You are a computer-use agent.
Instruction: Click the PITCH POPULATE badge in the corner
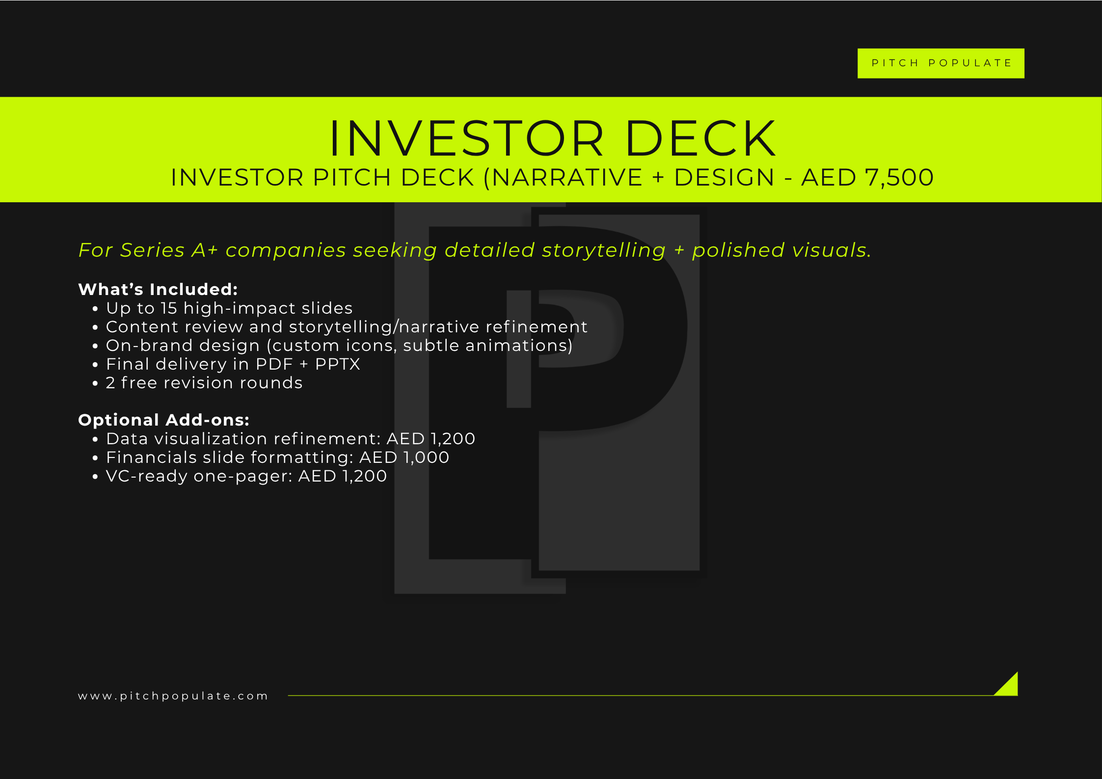(941, 63)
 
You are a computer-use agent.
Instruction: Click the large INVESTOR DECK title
(552, 138)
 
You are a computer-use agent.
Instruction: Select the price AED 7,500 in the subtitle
(867, 177)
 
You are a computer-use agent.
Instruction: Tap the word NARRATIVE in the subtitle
(567, 177)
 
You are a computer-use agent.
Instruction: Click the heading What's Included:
(158, 289)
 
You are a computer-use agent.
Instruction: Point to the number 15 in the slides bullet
(169, 308)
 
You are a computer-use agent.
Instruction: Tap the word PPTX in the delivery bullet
(338, 364)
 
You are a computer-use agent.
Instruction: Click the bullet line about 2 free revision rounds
(204, 383)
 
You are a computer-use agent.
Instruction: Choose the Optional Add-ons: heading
(163, 420)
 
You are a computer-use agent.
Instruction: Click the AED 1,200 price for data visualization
(431, 439)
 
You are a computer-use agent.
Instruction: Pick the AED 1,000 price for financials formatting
(404, 457)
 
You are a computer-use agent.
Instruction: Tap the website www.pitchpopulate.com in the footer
(173, 696)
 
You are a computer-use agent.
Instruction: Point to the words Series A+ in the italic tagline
(169, 250)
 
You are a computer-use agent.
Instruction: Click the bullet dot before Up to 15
(95, 309)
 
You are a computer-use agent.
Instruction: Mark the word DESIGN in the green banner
(724, 177)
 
